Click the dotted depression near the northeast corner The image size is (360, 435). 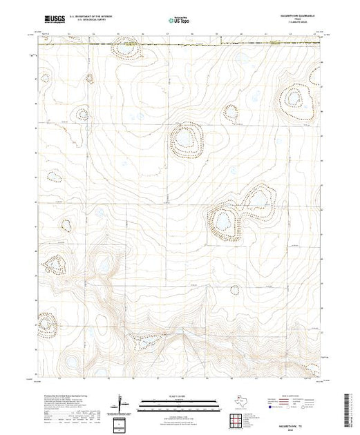tap(296, 105)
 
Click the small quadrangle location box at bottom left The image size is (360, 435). tap(122, 423)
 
